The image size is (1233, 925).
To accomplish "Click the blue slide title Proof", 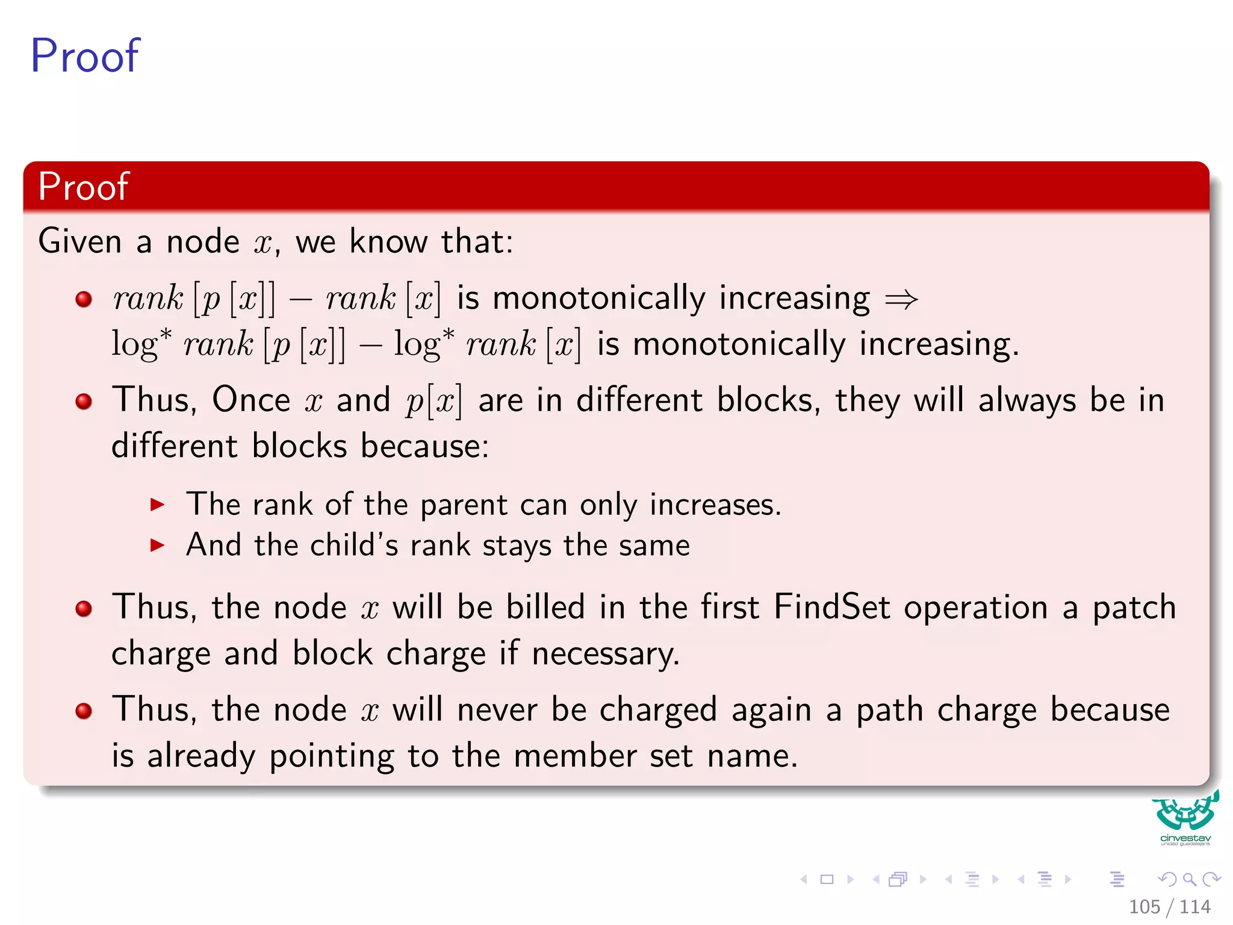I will pyautogui.click(x=85, y=55).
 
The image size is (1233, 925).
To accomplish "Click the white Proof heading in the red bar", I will pyautogui.click(x=83, y=186).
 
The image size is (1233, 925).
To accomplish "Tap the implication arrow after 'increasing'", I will pyautogui.click(x=901, y=299).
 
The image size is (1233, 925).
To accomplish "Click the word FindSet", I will pyautogui.click(x=831, y=606).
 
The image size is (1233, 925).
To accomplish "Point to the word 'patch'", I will pyautogui.click(x=1134, y=608).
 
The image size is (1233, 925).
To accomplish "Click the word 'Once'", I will pyautogui.click(x=251, y=400).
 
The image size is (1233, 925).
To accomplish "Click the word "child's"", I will pyautogui.click(x=353, y=545).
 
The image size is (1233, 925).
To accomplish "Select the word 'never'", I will pyautogui.click(x=497, y=709).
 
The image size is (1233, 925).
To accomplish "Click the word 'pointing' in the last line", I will pyautogui.click(x=331, y=756).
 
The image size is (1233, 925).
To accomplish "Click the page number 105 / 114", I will pyautogui.click(x=1169, y=907).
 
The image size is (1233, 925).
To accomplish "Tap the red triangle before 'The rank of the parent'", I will pyautogui.click(x=157, y=505).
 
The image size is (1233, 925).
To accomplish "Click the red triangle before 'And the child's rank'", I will pyautogui.click(x=157, y=546).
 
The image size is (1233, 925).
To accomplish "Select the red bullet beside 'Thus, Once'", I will pyautogui.click(x=84, y=401).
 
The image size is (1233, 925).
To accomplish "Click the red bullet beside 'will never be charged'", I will pyautogui.click(x=84, y=711).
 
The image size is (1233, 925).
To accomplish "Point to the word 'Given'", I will pyautogui.click(x=80, y=241).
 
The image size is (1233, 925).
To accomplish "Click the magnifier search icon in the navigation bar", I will pyautogui.click(x=1189, y=879).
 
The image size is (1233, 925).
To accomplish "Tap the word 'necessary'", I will pyautogui.click(x=605, y=654).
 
